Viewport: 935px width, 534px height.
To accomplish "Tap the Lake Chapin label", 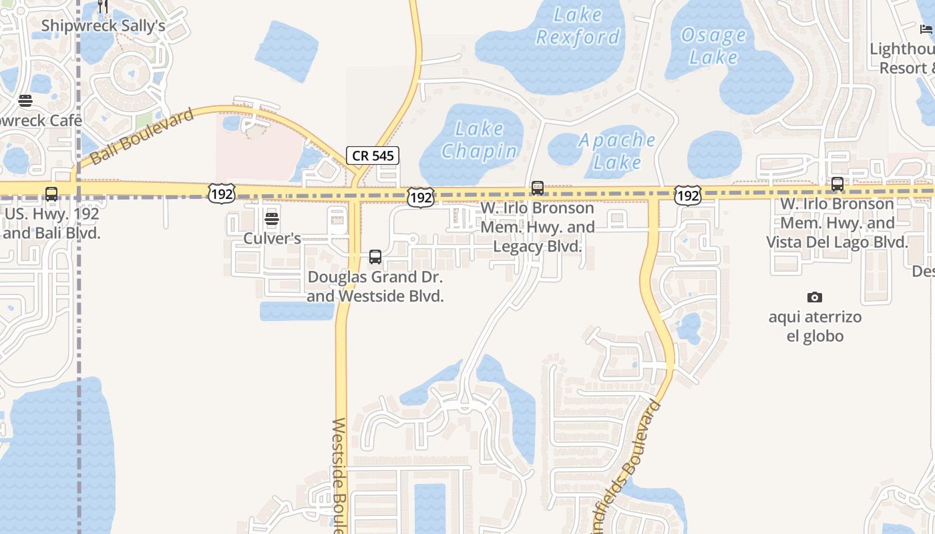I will (x=480, y=140).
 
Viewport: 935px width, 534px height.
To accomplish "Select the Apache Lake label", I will (x=617, y=151).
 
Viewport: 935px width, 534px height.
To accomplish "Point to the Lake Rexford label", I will (x=578, y=25).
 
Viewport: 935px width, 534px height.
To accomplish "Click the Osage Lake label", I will (x=713, y=46).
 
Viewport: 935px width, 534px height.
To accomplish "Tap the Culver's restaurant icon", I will (x=272, y=218).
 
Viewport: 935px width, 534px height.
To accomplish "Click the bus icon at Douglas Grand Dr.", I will (x=375, y=256).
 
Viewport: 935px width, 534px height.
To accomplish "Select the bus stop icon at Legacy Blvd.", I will (x=538, y=188).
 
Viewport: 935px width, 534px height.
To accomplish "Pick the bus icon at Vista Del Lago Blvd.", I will (x=837, y=184).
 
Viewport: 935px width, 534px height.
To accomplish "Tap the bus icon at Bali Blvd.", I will (x=51, y=194).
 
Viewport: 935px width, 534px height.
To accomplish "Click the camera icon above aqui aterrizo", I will (x=815, y=297).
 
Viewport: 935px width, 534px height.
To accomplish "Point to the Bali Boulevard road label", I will (x=142, y=136).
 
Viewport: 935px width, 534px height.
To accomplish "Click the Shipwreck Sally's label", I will (x=103, y=26).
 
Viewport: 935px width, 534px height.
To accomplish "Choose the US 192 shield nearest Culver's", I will (x=221, y=194).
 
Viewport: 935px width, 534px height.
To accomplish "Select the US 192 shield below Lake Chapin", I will (x=421, y=197).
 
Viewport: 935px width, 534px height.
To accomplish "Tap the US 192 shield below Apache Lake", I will (x=687, y=196).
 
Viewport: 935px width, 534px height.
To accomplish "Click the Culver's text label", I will (x=272, y=238).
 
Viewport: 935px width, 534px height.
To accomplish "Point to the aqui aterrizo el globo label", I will (x=815, y=326).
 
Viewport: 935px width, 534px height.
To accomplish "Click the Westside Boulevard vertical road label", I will (x=340, y=474).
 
